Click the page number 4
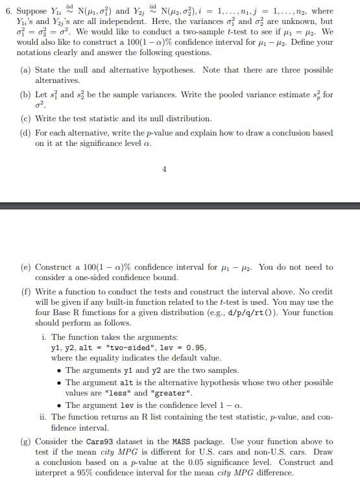point(164,170)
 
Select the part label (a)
point(26,70)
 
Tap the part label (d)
point(26,133)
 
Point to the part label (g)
point(26,441)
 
